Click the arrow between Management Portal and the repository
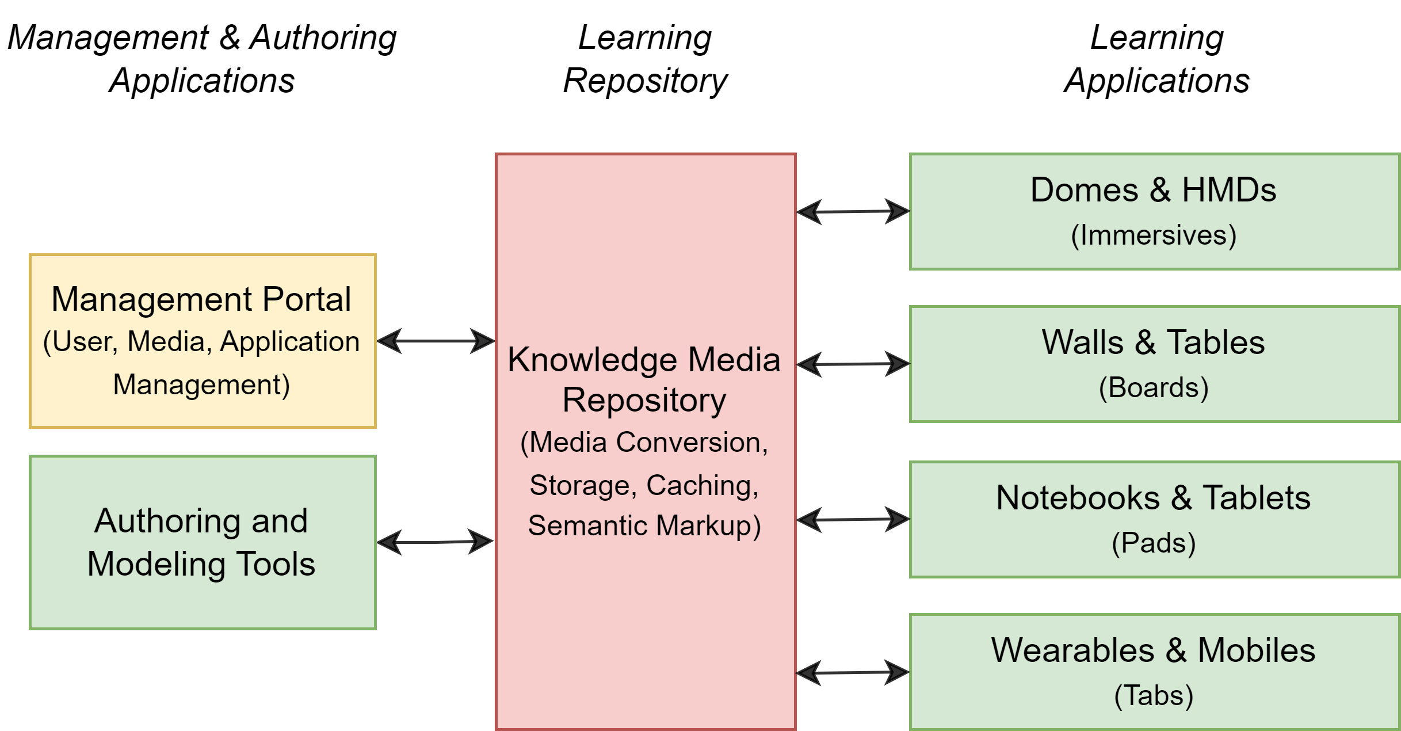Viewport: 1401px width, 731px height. point(436,341)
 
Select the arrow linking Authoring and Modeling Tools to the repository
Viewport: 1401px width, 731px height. point(436,542)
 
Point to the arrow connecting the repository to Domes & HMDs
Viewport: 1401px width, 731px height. point(853,211)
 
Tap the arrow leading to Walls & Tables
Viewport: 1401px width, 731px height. point(853,364)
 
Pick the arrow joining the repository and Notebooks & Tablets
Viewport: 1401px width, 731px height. point(853,519)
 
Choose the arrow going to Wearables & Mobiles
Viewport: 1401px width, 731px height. point(853,672)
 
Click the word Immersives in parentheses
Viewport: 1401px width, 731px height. point(1154,235)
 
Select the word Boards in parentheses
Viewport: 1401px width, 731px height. point(1154,387)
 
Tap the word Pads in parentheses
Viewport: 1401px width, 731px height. point(1154,543)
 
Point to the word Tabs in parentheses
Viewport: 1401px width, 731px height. point(1154,695)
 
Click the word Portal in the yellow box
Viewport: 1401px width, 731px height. point(307,299)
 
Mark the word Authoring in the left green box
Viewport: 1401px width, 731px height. point(166,521)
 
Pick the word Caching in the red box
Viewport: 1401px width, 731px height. point(701,485)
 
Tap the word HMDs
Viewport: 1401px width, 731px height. point(1229,190)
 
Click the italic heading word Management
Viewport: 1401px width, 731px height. point(108,38)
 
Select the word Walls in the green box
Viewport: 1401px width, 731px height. point(1082,342)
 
